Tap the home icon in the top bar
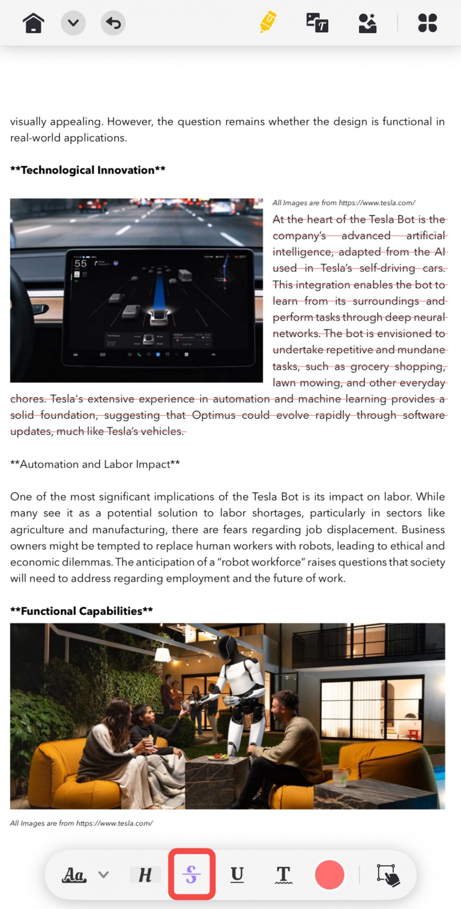[33, 23]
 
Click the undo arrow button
[113, 23]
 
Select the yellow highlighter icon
[268, 22]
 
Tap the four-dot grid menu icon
[427, 23]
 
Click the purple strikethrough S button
[192, 874]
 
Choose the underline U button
[237, 874]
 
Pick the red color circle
[329, 874]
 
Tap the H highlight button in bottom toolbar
[145, 875]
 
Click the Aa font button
[74, 875]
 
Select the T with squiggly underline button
[283, 875]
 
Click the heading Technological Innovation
[88, 170]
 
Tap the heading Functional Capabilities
[81, 611]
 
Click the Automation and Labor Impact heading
[95, 464]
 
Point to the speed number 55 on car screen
[81, 263]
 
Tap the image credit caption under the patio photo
[81, 823]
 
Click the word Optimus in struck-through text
[214, 415]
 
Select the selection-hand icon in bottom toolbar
[388, 875]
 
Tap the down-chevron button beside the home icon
[73, 23]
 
